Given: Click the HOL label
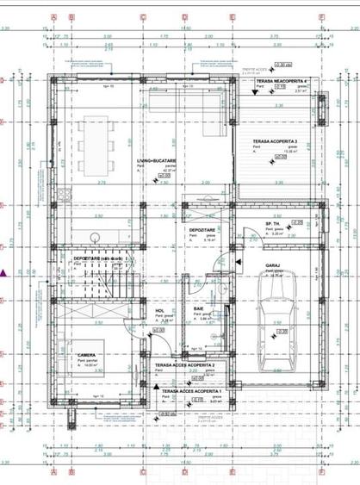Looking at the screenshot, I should (159, 311).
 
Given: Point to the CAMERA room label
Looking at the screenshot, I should (85, 354).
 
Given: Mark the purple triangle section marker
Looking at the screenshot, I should (5, 274).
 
